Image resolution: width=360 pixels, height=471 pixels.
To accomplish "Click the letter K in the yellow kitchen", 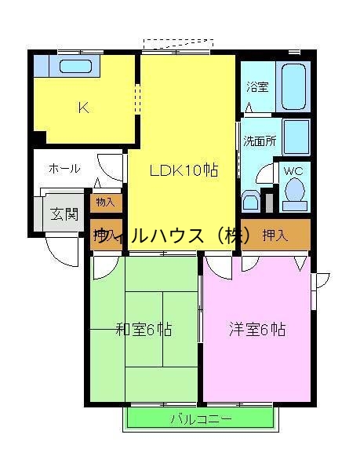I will pos(82,108).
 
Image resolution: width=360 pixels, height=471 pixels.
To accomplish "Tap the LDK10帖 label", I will pos(184,170).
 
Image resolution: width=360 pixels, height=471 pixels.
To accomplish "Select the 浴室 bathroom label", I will pos(256,87).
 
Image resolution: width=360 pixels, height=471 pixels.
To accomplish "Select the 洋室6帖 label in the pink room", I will pos(257,329).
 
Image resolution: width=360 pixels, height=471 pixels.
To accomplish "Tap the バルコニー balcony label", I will pos(202,419).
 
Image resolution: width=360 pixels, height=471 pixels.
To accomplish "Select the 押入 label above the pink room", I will pos(274,234).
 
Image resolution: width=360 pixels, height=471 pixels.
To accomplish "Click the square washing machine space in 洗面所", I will pos(295,137).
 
